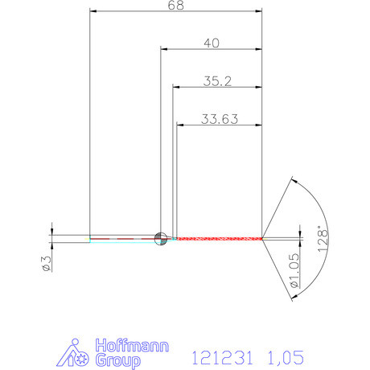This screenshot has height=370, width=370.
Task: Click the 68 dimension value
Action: click(x=176, y=5)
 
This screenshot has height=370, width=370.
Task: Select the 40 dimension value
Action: click(x=212, y=43)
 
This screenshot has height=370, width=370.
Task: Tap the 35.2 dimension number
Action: click(x=217, y=81)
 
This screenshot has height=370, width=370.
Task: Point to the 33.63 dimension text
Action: click(x=220, y=119)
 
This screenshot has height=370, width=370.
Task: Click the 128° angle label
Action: click(x=323, y=239)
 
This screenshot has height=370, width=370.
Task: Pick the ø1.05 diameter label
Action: click(x=294, y=270)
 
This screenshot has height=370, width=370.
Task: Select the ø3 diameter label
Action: click(x=47, y=264)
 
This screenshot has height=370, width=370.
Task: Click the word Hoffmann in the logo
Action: click(x=133, y=346)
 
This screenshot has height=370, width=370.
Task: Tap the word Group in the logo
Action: click(x=118, y=360)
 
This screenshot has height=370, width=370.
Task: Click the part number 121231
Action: click(x=222, y=357)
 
